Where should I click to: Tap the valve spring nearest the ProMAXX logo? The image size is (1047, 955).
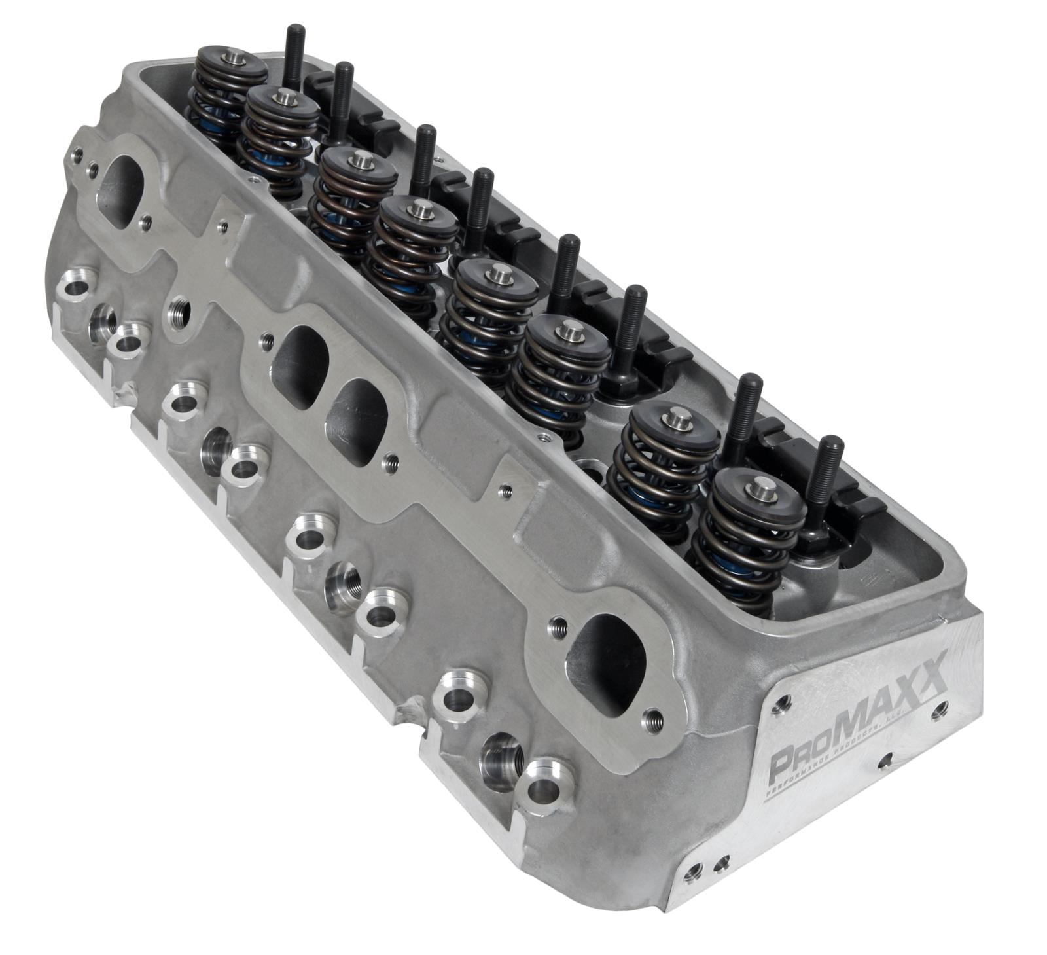(746, 537)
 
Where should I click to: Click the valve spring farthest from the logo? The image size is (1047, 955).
(226, 98)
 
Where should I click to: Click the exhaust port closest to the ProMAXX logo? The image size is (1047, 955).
(612, 664)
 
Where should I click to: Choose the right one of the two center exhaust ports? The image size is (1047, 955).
(357, 419)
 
